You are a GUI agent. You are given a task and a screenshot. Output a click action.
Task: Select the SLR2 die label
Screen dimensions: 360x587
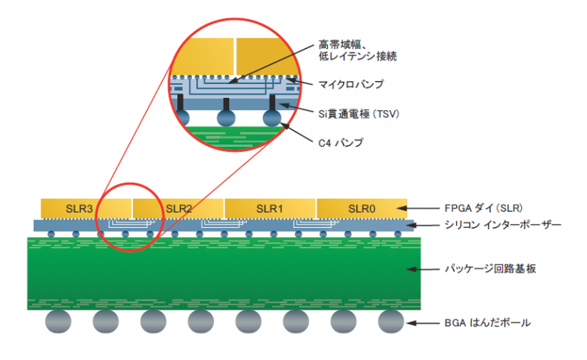(178, 208)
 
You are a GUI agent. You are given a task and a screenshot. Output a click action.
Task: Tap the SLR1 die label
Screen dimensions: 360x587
(269, 208)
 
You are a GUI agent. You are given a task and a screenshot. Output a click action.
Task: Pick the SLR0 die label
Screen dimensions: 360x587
(361, 208)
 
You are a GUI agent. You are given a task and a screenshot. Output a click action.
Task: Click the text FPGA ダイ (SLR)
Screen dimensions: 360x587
(478, 208)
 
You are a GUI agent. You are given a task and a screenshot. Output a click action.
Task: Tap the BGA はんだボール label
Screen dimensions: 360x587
(487, 323)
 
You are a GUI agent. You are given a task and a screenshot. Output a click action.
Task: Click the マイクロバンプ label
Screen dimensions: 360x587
(351, 83)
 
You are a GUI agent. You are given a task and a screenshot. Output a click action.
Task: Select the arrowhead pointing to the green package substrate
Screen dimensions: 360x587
(410, 270)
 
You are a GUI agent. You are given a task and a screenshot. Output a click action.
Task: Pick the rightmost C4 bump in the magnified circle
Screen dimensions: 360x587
(272, 118)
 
